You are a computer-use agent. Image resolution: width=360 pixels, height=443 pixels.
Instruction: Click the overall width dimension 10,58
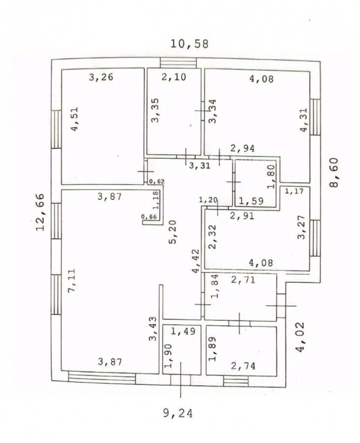190,43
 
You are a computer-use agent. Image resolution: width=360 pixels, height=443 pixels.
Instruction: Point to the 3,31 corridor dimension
199,165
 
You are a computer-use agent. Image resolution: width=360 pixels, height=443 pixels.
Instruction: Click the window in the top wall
178,63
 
